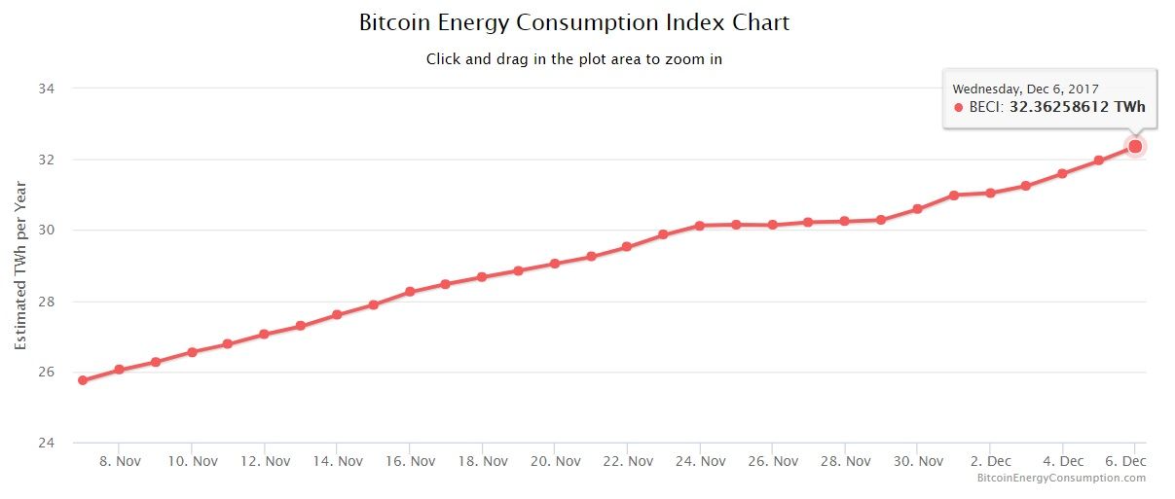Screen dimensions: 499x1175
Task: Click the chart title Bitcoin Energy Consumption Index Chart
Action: [574, 22]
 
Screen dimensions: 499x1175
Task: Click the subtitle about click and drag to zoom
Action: [574, 59]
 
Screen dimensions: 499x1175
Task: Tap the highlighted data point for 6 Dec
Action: [1135, 146]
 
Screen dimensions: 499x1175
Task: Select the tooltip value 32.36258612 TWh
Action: [1077, 107]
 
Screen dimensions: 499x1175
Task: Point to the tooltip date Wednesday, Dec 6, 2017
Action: [1025, 89]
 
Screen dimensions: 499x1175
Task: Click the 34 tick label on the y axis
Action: [47, 89]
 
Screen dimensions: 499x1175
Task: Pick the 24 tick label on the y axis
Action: [47, 444]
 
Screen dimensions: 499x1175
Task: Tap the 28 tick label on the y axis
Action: [47, 302]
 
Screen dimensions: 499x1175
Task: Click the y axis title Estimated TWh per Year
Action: [20, 266]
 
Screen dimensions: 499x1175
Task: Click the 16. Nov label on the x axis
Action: [410, 461]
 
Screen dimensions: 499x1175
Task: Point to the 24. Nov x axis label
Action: [700, 461]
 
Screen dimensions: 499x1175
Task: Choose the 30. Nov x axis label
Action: [917, 461]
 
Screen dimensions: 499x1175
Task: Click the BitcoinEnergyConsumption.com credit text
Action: [1061, 478]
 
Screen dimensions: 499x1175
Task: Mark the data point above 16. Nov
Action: [410, 292]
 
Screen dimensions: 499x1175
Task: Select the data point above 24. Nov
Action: [700, 226]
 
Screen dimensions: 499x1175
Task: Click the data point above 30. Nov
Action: [917, 209]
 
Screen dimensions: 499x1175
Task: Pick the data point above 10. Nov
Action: [192, 352]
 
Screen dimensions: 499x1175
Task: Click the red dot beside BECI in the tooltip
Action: [958, 107]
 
